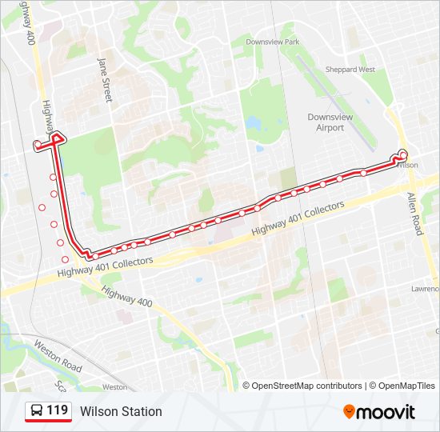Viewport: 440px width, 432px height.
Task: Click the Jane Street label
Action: (x=104, y=79)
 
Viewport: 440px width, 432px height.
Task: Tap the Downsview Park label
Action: (x=272, y=42)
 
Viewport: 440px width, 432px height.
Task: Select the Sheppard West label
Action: (x=350, y=70)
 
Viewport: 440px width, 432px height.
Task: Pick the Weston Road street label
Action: (x=58, y=356)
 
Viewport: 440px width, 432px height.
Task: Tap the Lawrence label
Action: (x=425, y=289)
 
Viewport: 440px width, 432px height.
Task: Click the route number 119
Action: (x=57, y=410)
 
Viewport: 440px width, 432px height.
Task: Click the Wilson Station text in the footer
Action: (x=121, y=411)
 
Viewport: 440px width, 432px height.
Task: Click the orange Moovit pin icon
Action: (x=349, y=411)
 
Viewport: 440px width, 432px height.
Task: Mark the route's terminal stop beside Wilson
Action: (x=403, y=154)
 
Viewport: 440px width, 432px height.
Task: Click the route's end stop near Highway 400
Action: (x=37, y=144)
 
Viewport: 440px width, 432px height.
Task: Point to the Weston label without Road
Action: (x=114, y=387)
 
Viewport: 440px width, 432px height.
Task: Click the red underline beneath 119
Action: (x=48, y=421)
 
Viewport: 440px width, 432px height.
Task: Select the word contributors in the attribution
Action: (x=339, y=386)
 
